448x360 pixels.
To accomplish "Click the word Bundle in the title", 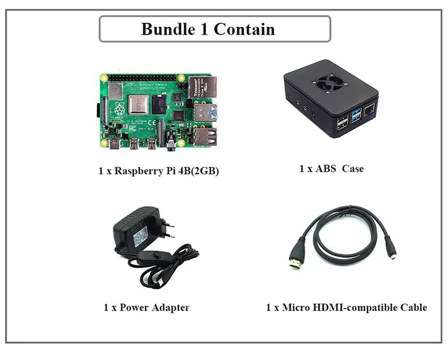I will [x=166, y=29].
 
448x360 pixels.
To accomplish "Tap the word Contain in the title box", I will [x=245, y=29].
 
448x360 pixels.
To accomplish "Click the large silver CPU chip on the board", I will [x=138, y=105].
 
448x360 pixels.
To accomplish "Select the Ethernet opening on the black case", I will [x=370, y=112].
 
